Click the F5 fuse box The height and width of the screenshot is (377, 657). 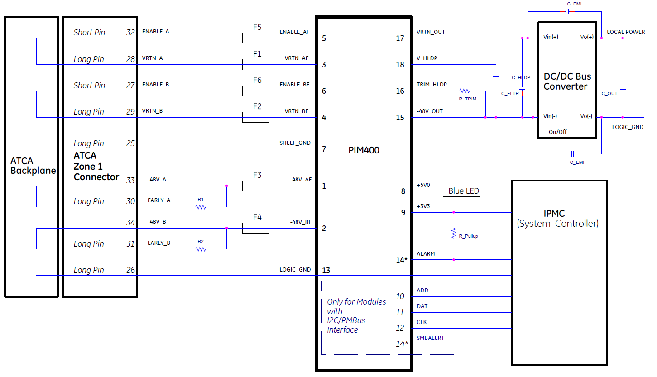pos(256,38)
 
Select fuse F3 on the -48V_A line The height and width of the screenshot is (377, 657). pos(256,186)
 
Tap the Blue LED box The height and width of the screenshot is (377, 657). pos(461,191)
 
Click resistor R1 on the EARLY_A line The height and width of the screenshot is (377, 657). pos(201,207)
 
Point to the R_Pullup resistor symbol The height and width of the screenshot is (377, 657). pos(453,234)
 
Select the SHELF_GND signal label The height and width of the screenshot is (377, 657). pos(295,143)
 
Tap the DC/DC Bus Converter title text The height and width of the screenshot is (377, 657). pos(567,81)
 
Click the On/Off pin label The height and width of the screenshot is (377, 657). pos(557,132)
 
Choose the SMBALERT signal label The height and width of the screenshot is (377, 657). pos(430,338)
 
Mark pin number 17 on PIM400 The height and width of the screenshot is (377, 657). pos(400,38)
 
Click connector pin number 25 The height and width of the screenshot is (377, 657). pos(130,143)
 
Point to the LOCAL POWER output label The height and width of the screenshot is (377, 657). pos(626,32)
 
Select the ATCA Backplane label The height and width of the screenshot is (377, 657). pos(33,166)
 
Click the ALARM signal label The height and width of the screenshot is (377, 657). pos(426,254)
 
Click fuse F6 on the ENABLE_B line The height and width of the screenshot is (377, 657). pos(256,91)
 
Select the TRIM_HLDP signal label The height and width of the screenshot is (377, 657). pos(432,85)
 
